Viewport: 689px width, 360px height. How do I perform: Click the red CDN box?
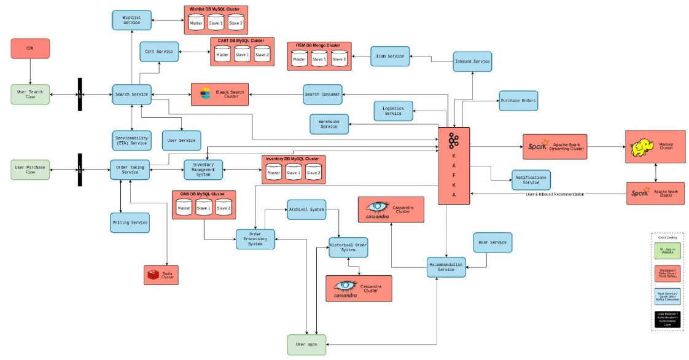tap(30, 49)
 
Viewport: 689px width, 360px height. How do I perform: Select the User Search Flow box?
tap(30, 95)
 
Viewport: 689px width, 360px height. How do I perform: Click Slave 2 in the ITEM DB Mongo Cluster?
tap(339, 58)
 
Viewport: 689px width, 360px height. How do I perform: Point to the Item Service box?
tap(390, 57)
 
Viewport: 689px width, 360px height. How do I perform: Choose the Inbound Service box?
tap(472, 61)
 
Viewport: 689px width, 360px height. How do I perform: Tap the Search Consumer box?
tap(322, 94)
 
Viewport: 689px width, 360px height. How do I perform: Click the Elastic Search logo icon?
tap(206, 94)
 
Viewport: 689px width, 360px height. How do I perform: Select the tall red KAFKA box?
tap(454, 166)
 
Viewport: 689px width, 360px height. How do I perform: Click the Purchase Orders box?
tap(518, 100)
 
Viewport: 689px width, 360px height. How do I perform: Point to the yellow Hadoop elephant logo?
tap(642, 147)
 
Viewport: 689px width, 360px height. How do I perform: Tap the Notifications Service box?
tap(531, 180)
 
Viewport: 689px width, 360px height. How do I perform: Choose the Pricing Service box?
tap(130, 222)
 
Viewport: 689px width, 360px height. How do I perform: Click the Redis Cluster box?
tap(161, 275)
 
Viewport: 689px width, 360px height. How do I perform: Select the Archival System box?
tap(306, 209)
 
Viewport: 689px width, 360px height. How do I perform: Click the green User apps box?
tap(306, 345)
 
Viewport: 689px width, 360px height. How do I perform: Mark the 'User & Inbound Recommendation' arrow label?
tap(555, 194)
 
